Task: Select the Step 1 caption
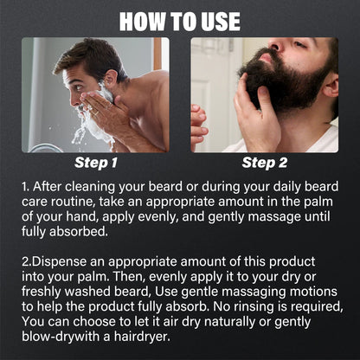click(x=97, y=162)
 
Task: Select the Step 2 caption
click(x=265, y=162)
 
